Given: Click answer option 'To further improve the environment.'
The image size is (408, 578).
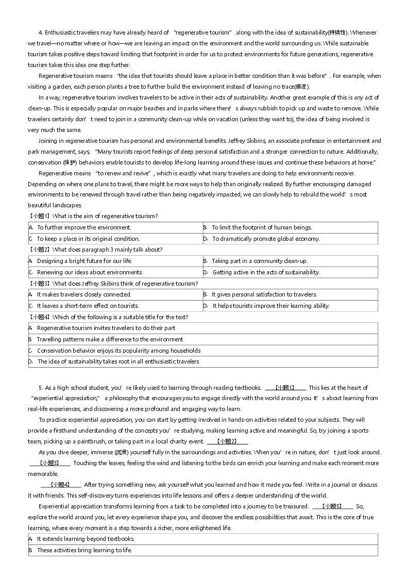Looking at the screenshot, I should coord(84,227).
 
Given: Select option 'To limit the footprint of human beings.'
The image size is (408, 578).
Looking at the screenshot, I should coord(262,227).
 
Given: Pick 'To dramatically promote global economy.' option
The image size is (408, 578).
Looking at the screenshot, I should coord(266,239).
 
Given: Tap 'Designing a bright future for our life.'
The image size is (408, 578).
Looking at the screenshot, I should coord(84,261).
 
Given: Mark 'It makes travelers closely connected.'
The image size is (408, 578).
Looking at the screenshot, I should coord(84,294).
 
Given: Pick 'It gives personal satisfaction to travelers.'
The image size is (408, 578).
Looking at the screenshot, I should coord(264,294).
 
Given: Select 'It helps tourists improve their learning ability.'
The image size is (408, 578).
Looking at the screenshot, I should coord(270,306).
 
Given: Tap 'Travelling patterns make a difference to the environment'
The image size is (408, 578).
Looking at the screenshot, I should coord(110,339).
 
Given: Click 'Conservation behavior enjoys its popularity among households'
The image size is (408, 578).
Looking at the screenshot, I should coord(118,351).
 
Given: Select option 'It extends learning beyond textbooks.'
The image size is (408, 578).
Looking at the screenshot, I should coord(86,539).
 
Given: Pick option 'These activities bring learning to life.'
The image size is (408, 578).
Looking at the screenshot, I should coord(84,550).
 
